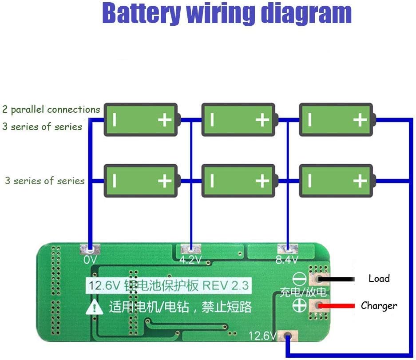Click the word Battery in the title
(141, 14)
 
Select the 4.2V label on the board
(190, 260)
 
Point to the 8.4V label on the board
(287, 260)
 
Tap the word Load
(379, 278)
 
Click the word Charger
(379, 305)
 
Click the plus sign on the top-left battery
(165, 119)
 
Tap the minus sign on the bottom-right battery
(309, 180)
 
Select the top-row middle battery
(238, 119)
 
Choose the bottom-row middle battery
(238, 180)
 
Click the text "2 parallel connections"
(51, 109)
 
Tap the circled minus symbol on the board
(298, 279)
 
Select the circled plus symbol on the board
(298, 305)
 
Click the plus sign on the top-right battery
(360, 119)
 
